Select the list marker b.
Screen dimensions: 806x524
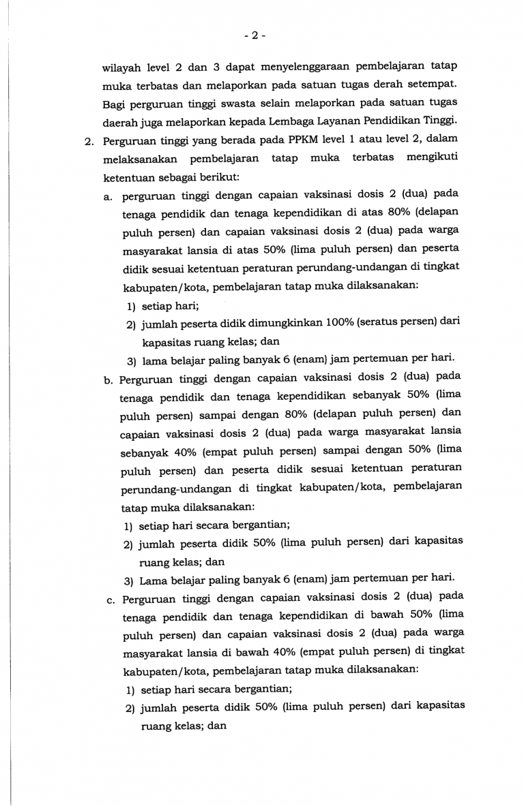(x=108, y=377)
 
